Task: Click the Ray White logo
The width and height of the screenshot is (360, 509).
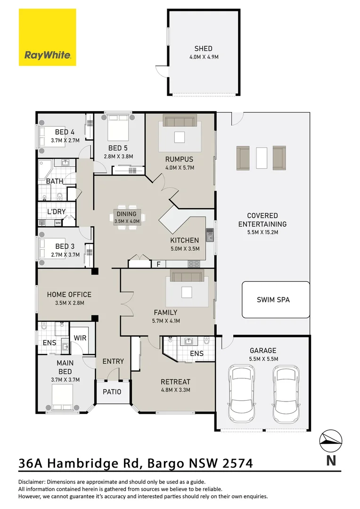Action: coord(48,37)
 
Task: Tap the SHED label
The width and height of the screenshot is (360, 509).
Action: coord(204,49)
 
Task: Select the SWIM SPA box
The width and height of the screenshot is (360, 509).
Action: coord(276,300)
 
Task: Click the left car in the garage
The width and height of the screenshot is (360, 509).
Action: coord(240,393)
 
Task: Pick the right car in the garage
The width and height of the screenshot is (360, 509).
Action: coord(286,393)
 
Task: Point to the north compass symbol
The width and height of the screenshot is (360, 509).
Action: coord(331,441)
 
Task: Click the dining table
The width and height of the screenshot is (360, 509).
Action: coord(127,217)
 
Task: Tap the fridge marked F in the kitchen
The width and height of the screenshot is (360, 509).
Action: coord(159,264)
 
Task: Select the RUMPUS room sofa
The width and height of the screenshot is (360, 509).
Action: coord(180,122)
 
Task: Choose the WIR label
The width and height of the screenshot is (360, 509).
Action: coord(80,338)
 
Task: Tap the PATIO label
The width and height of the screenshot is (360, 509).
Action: coord(112,392)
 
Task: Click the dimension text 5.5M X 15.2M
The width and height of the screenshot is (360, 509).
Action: coord(262,232)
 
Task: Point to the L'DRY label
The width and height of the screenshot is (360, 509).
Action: coord(57,212)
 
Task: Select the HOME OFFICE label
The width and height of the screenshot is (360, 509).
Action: coord(69,295)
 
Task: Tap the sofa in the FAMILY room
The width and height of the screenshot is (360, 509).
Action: coord(187,276)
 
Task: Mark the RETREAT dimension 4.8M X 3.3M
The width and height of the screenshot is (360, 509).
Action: coord(176,390)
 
